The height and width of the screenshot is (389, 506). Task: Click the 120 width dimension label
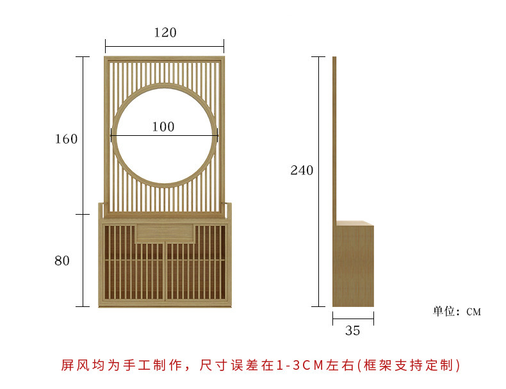tap(165, 33)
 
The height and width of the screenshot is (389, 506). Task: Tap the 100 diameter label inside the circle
tap(163, 127)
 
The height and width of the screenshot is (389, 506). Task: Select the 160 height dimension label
tap(66, 139)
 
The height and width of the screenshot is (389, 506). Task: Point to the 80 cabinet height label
tap(62, 261)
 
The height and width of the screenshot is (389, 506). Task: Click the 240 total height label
tap(302, 170)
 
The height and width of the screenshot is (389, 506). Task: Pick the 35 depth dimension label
tap(352, 331)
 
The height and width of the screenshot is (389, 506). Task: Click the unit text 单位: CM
tap(457, 311)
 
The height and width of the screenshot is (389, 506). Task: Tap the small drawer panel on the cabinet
tap(165, 232)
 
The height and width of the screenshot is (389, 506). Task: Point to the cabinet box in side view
tap(354, 264)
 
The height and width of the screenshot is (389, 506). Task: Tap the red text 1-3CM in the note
tap(301, 365)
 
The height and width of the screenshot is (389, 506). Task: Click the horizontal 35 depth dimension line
tap(353, 318)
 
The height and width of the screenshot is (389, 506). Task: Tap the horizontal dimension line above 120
tap(165, 46)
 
